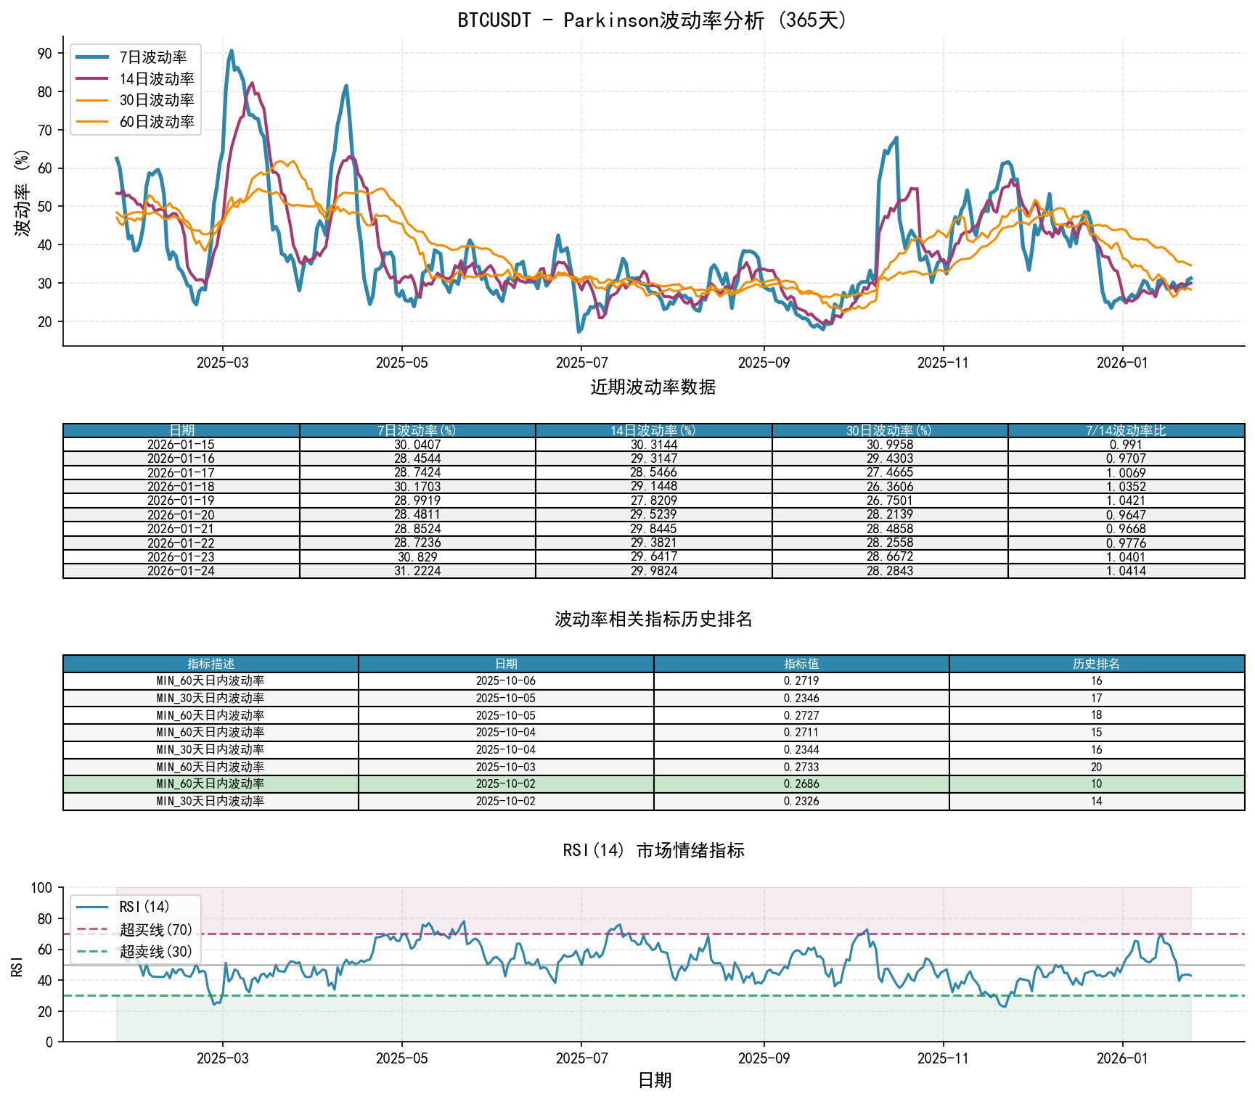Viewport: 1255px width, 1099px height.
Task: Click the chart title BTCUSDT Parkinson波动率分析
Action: [653, 20]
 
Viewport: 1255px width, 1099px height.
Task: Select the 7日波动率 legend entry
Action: [153, 57]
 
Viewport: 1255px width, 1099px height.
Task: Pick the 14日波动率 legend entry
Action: [157, 79]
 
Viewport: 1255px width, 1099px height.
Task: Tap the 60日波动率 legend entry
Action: [157, 122]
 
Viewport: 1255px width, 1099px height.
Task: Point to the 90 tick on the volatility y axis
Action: [45, 54]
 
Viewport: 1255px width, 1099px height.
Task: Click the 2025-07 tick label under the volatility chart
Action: [581, 363]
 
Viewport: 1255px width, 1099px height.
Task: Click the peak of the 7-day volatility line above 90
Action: [232, 51]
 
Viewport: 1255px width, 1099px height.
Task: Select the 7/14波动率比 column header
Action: [1126, 431]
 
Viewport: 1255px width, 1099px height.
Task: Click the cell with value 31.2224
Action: [417, 571]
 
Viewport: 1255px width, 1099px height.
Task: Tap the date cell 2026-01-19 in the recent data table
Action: [181, 501]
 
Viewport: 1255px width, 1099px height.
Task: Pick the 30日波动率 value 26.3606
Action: [890, 487]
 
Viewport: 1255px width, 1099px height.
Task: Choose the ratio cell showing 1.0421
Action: [1126, 501]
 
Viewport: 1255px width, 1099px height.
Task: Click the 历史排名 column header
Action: [1096, 664]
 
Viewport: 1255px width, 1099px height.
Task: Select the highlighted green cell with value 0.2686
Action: [801, 784]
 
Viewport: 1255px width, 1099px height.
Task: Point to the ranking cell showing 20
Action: [1096, 767]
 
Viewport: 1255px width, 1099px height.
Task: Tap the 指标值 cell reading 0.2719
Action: [801, 681]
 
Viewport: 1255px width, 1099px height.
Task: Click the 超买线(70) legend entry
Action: [156, 930]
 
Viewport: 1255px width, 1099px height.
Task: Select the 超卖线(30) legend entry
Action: [156, 952]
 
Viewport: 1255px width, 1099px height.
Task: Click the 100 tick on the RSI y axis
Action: [42, 888]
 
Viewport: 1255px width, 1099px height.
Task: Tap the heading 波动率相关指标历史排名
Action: [653, 619]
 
